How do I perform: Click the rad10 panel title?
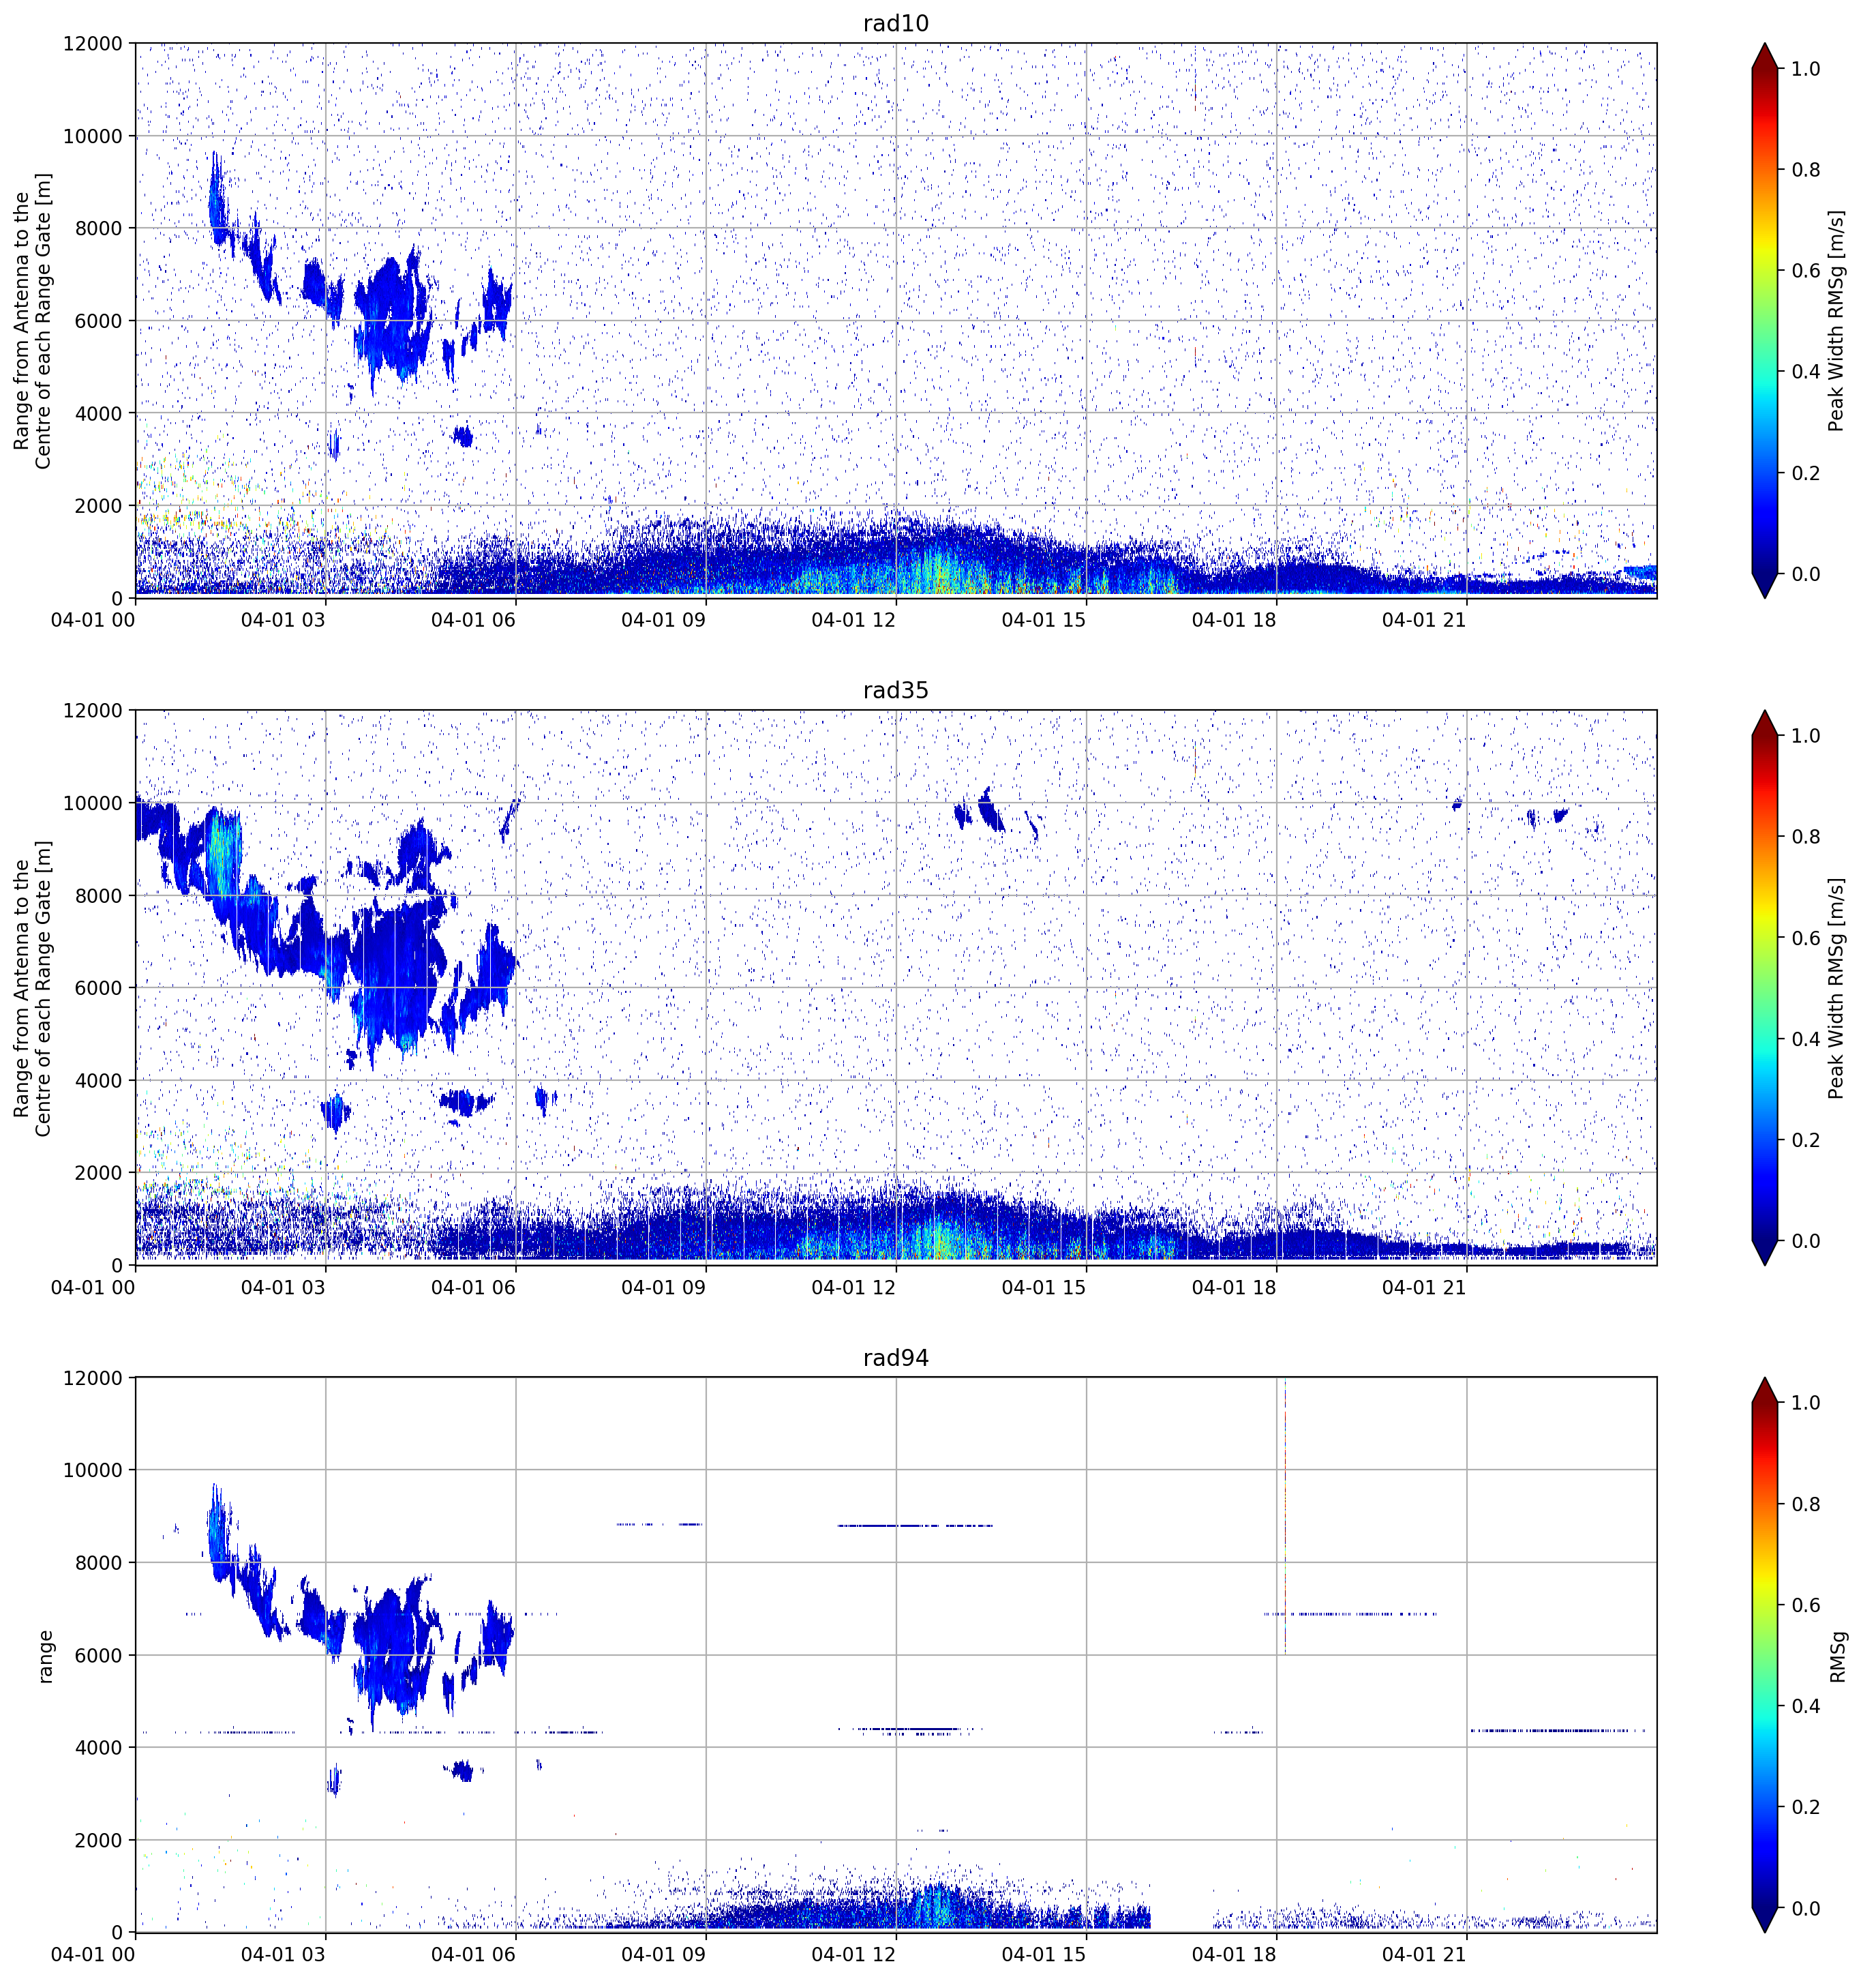[896, 24]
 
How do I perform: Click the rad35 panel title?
[896, 691]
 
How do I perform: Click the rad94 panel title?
[896, 1358]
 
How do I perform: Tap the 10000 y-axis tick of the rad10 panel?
[93, 136]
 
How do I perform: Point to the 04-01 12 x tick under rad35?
[854, 1287]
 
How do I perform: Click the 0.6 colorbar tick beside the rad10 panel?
[1806, 271]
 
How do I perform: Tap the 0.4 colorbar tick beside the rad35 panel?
[1806, 1039]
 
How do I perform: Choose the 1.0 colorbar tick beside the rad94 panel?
[1806, 1403]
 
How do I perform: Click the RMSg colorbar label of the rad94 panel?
[1837, 1656]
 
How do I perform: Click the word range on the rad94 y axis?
[45, 1656]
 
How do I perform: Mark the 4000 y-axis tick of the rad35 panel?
[97, 1081]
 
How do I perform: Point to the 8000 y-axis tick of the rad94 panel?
[97, 1563]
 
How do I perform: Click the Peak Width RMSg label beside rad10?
[1837, 321]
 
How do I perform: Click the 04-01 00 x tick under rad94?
[93, 1954]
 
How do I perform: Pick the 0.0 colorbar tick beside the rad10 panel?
[1806, 574]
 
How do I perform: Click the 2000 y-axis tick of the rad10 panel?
[97, 506]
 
